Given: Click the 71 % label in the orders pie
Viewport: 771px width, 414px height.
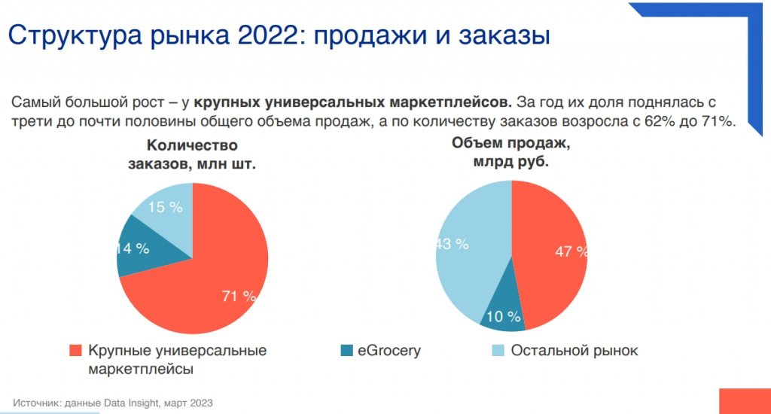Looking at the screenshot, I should (239, 296).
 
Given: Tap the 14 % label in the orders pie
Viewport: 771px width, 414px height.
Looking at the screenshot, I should (133, 248).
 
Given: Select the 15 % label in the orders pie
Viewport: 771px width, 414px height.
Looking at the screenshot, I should (165, 207).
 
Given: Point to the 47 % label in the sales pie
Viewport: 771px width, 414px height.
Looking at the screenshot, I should (571, 251).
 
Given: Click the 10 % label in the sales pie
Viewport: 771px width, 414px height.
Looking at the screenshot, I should (504, 316).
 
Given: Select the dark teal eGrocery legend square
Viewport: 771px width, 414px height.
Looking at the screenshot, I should (346, 351).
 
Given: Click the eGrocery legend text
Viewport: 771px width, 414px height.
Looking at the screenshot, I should (389, 351).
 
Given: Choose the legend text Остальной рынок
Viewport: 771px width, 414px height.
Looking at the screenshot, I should (574, 351).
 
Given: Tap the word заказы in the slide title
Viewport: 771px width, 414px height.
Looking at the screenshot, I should (503, 35).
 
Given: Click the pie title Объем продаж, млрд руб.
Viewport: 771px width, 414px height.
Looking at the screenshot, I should (510, 151).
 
